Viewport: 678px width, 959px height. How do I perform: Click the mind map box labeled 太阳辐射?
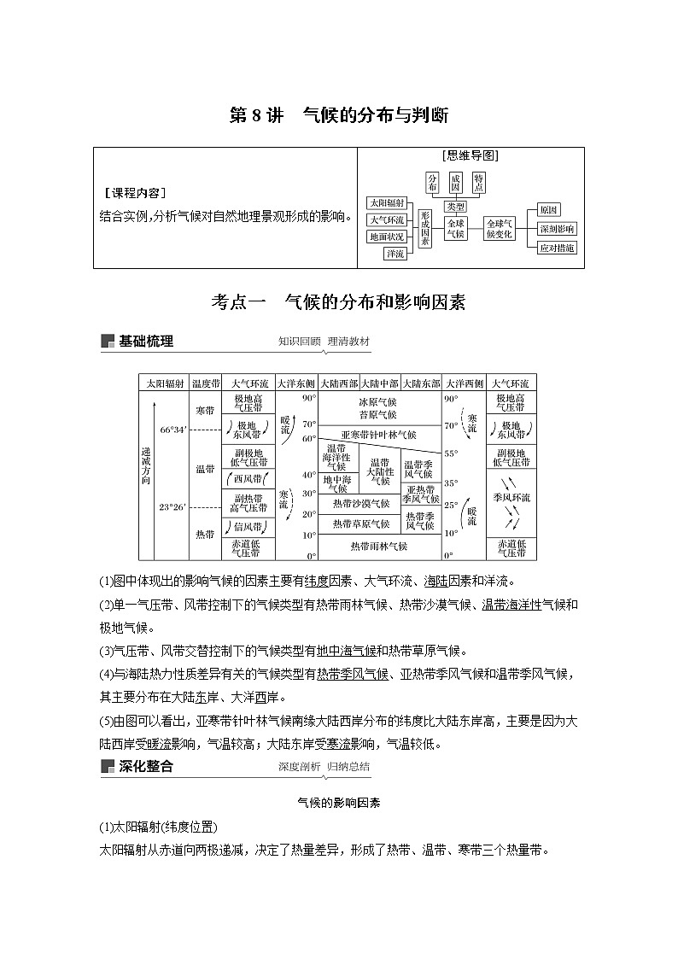(385, 203)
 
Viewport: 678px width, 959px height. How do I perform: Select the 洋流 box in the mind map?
(395, 254)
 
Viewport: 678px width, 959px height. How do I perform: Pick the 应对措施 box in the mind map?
(557, 248)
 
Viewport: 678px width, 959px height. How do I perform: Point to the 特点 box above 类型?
(479, 181)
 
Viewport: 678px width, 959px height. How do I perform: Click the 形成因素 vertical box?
(425, 228)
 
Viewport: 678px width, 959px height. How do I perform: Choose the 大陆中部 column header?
(380, 383)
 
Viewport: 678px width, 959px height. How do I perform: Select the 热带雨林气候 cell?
(379, 546)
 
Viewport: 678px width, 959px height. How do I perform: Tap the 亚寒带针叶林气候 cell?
(379, 435)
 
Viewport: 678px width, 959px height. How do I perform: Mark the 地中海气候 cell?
(335, 484)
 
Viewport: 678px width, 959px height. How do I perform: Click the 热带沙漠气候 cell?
(361, 504)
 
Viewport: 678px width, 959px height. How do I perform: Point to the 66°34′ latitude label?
(173, 430)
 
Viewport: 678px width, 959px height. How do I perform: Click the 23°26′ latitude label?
(172, 506)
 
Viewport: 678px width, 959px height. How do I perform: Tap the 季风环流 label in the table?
(511, 497)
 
